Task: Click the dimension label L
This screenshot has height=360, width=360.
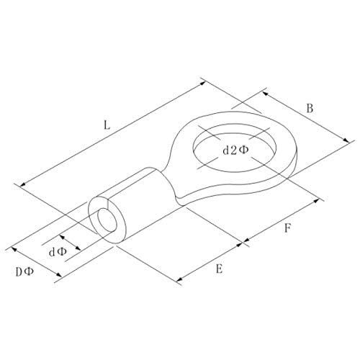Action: pos(107,125)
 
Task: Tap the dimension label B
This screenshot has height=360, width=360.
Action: pos(310,109)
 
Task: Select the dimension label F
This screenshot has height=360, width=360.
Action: pos(287,228)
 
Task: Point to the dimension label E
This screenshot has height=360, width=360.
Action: pos(219,269)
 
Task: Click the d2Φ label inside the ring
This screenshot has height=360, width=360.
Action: pos(236,150)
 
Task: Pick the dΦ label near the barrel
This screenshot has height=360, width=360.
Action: pos(58,252)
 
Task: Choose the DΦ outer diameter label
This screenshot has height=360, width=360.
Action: pos(24,271)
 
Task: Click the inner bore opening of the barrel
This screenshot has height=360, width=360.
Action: pos(107,220)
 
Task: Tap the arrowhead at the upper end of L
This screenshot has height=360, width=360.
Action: pos(203,83)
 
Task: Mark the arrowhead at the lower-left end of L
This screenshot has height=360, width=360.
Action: pos(22,184)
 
